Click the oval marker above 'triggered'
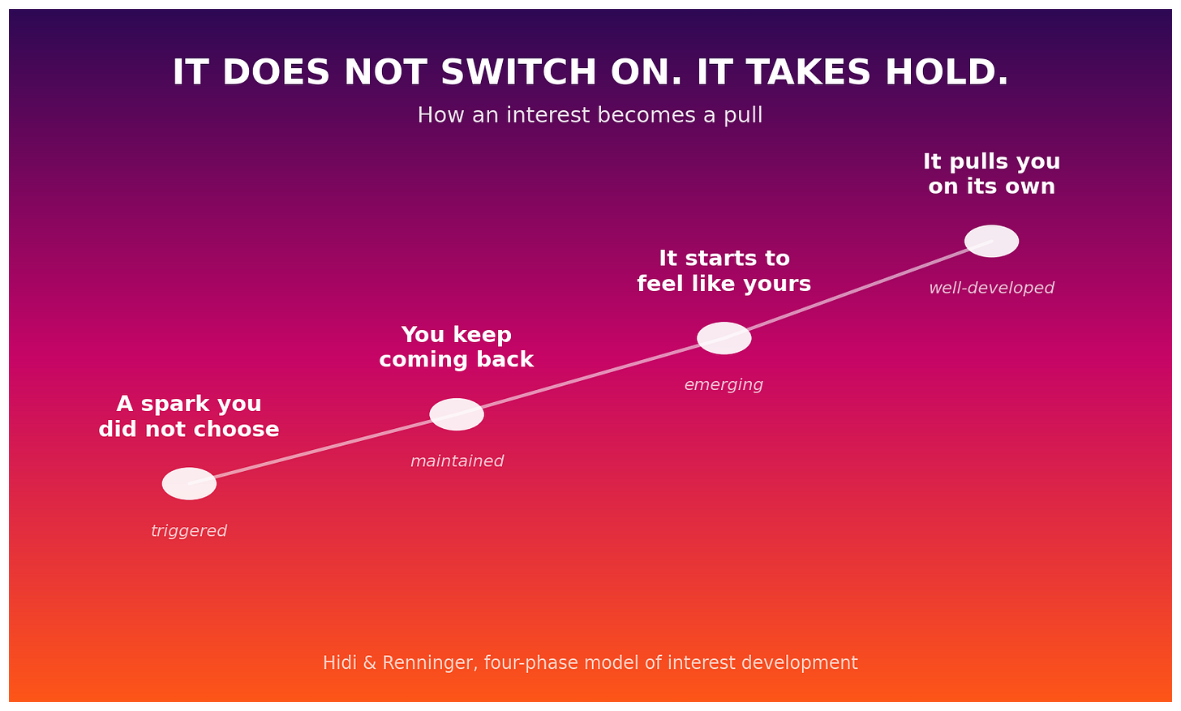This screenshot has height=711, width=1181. (189, 483)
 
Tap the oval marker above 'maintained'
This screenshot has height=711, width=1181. (457, 414)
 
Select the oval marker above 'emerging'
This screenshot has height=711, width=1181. (724, 338)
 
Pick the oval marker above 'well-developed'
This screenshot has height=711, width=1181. (991, 241)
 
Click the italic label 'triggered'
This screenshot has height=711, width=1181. (189, 531)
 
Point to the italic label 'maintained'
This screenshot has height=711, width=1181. (457, 461)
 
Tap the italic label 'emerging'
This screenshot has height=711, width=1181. (724, 385)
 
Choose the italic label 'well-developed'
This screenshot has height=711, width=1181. (991, 288)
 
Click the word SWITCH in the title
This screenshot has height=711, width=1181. (518, 72)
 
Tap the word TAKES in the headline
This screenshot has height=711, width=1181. (809, 72)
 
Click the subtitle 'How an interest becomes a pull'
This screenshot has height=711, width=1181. (590, 115)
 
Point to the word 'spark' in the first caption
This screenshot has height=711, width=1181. (170, 405)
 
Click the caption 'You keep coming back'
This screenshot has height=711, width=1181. (457, 347)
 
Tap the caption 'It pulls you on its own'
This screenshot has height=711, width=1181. (991, 174)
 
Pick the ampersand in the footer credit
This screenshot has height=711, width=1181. (370, 662)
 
